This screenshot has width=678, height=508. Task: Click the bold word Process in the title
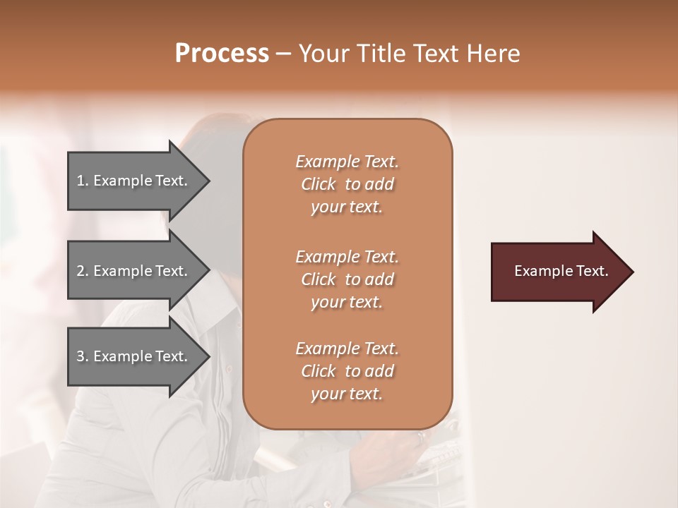click(222, 54)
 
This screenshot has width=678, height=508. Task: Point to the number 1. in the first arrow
click(83, 181)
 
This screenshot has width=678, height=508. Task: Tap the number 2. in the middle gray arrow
click(83, 271)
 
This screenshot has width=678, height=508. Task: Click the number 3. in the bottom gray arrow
click(83, 356)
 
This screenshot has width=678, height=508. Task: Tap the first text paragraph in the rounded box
click(347, 184)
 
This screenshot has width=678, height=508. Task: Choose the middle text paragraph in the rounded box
click(347, 279)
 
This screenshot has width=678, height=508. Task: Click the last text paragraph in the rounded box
click(347, 371)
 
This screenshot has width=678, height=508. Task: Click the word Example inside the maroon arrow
click(540, 271)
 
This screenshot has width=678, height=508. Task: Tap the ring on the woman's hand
click(422, 436)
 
